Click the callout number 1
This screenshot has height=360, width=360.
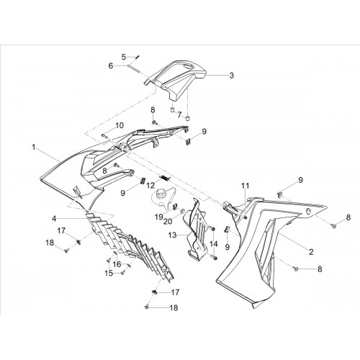click(x=34, y=147)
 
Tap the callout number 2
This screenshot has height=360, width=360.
click(x=311, y=252)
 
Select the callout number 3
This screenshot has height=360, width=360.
click(x=231, y=76)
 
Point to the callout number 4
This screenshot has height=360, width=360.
click(x=54, y=218)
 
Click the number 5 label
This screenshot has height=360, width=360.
click(x=124, y=57)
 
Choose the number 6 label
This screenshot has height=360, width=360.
click(x=111, y=66)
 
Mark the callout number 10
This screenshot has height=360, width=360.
click(x=120, y=125)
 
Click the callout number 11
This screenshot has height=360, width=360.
click(x=246, y=186)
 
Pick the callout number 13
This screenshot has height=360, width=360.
click(x=172, y=235)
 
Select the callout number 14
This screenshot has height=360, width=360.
click(x=214, y=244)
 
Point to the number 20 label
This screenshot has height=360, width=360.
click(x=168, y=222)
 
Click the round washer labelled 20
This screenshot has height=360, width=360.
click(x=182, y=211)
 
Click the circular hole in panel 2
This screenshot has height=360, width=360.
click(x=309, y=212)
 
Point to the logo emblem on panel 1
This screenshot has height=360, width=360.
click(x=78, y=192)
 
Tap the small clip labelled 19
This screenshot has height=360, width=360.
click(x=175, y=206)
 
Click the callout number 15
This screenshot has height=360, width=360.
click(x=109, y=273)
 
